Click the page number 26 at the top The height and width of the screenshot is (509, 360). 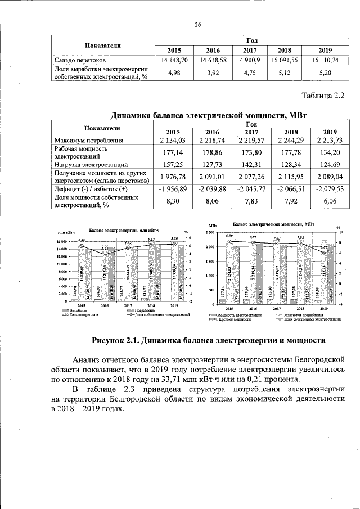click(198, 25)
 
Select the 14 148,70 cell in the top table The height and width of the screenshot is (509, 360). click(174, 59)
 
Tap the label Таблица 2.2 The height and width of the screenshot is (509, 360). click(322, 96)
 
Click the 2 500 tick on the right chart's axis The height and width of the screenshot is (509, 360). click(209, 232)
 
